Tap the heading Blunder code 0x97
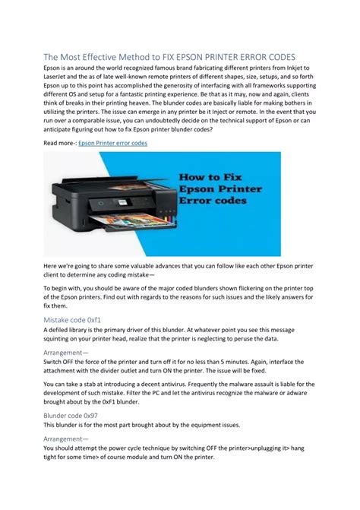pyautogui.click(x=70, y=417)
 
